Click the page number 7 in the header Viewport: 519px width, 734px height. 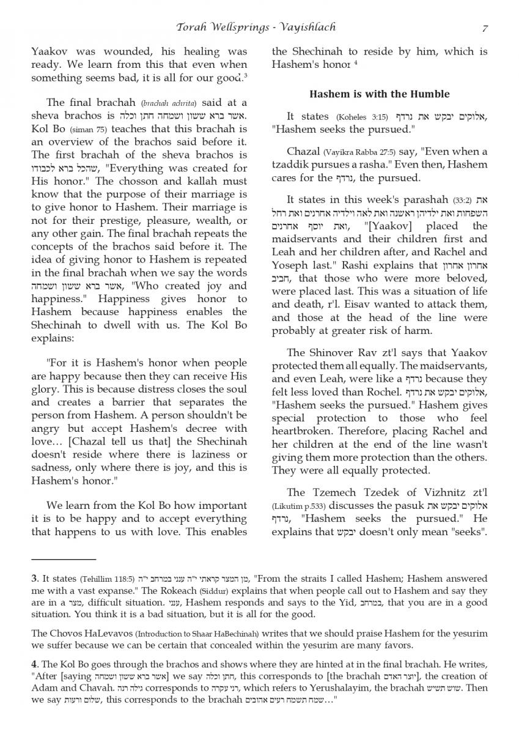coord(485,28)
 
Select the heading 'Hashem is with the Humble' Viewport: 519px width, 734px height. coord(379,94)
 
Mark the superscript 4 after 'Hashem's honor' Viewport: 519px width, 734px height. coord(355,62)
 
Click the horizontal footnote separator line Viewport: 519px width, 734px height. coord(64,559)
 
